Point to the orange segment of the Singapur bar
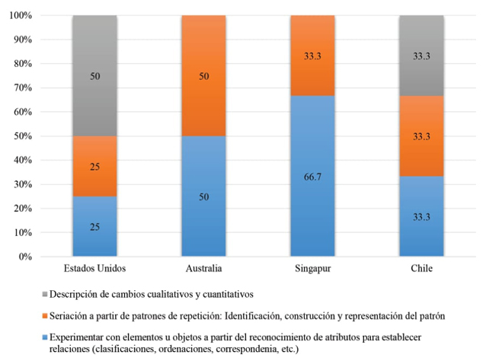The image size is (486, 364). point(313,56)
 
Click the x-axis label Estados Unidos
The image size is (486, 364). point(94,269)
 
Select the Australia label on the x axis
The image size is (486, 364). point(204,269)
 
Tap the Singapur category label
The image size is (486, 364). point(313,269)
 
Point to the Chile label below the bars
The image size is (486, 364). point(422,269)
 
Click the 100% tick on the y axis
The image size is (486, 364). point(40,16)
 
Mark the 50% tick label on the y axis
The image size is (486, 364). point(42,136)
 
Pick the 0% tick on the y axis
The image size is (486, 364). point(45,257)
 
